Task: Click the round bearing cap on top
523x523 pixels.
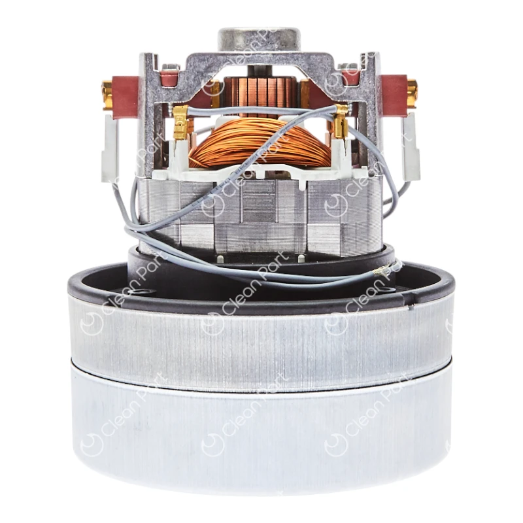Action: [260, 40]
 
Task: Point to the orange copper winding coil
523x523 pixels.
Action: [260, 144]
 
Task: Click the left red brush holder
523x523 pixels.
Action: [126, 97]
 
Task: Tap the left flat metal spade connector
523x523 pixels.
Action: [110, 148]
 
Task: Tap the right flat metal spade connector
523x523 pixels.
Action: [411, 146]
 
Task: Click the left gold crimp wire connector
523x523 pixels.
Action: [181, 122]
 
